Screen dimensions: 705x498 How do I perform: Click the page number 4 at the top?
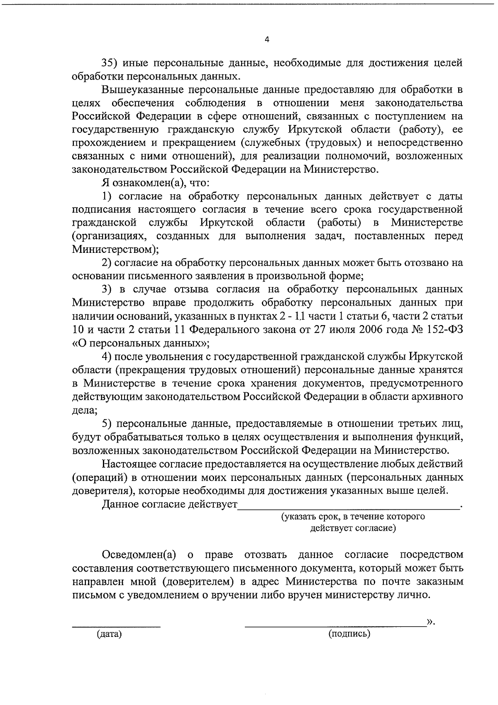266,40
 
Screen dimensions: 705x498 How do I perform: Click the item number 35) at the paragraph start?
111,63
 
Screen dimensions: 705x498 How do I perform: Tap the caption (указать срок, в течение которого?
353,517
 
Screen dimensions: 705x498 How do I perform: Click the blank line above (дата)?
116,624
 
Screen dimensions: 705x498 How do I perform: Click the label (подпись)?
349,634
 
